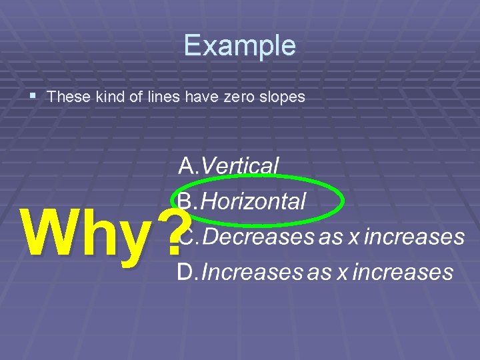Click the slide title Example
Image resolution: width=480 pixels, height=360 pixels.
pos(240,45)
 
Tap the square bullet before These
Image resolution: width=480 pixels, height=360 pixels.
pos(35,96)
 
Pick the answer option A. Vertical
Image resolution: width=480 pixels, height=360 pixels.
pos(229,165)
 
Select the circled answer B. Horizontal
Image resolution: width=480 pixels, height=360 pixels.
pos(242,201)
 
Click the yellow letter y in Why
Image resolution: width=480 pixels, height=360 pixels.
pos(130,240)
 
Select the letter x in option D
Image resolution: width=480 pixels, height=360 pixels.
pos(341,273)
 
